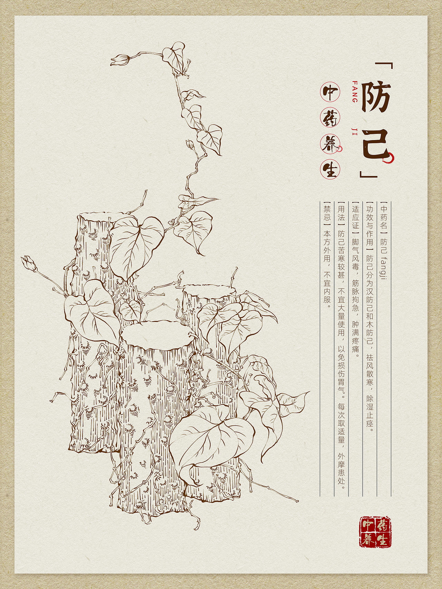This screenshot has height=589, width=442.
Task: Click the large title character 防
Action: [x=375, y=99]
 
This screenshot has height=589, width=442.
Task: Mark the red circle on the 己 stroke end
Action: [x=391, y=157]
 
